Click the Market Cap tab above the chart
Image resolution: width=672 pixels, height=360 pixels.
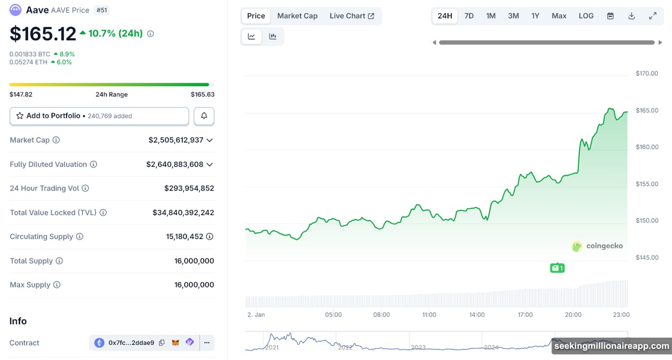pos(297,16)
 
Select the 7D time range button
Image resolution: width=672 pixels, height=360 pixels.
pos(469,16)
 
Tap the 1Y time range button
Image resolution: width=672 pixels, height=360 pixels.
pos(535,16)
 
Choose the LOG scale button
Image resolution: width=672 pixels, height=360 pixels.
pos(586,16)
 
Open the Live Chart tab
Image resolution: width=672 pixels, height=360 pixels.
pos(352,16)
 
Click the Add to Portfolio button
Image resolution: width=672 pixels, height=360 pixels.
pos(99,116)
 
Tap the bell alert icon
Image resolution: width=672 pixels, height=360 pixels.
pos(204,116)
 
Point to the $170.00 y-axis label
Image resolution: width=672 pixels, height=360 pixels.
pos(647,73)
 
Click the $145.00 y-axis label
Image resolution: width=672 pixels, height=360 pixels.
pos(647,258)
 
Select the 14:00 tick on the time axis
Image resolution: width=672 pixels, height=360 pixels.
pos(477,315)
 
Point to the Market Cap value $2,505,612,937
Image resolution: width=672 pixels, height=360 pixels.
pos(176,140)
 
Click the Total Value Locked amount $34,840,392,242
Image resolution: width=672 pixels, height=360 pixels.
pos(183,213)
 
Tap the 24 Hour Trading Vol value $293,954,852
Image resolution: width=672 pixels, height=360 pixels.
pos(189,188)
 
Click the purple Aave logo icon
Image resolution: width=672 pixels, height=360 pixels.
pos(16,10)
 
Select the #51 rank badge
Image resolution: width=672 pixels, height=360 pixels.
pos(102,10)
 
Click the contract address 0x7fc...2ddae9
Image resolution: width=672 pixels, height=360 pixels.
pos(131,343)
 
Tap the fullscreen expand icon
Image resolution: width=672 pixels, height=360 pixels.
pos(652,16)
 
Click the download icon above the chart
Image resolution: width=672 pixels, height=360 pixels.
pos(631,16)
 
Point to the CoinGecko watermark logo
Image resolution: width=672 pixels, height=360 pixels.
pos(597,246)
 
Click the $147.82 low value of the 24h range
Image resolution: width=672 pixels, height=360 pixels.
pos(21,95)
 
